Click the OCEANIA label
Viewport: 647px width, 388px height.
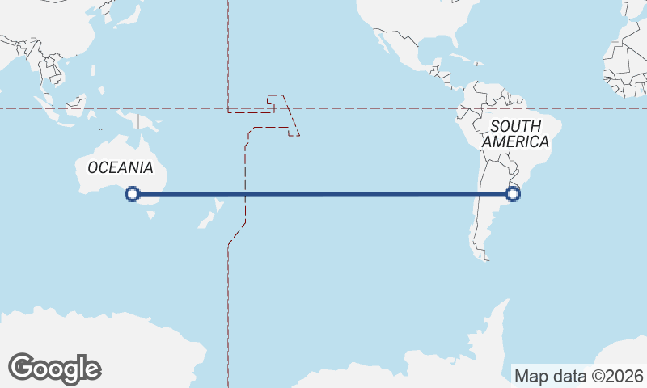(120, 167)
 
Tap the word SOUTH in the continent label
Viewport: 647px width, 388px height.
(515, 126)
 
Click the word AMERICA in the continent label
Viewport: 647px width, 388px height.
(515, 141)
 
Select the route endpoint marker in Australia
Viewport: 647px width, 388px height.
(133, 194)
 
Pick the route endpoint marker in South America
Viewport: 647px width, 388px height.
(512, 194)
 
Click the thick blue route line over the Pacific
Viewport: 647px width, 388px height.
(323, 194)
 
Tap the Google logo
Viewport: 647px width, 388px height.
(54, 368)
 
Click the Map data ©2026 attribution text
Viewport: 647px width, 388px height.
(578, 375)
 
